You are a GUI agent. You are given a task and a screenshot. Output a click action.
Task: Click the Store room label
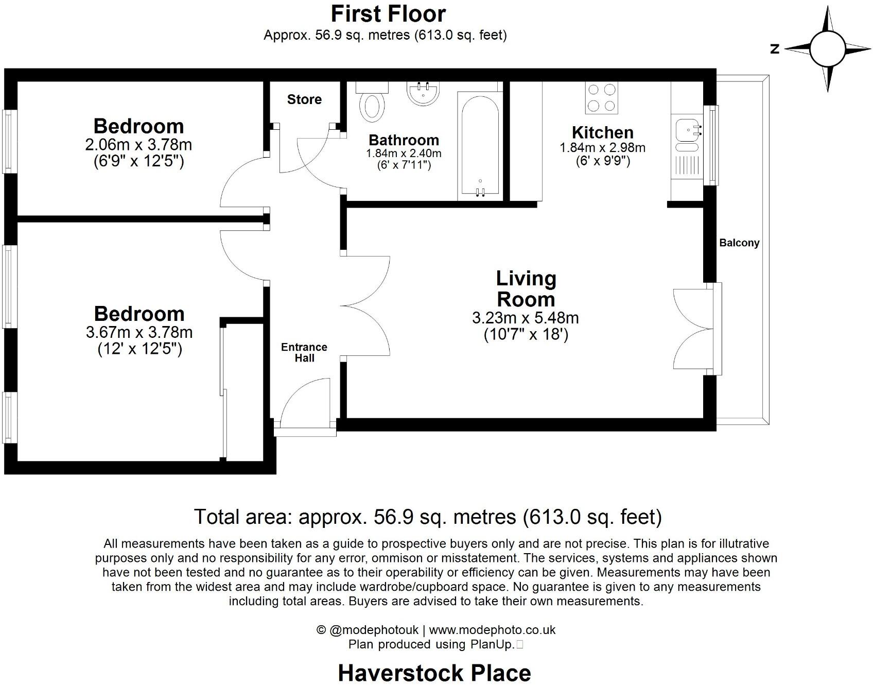pos(304,99)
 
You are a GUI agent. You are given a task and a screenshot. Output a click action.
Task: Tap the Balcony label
pos(739,243)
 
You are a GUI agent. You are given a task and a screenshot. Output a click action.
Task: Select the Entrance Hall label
pos(304,353)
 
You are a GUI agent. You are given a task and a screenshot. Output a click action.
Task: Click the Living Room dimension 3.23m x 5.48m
pos(525,318)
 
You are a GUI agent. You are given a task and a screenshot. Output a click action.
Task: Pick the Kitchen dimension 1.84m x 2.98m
pos(602,148)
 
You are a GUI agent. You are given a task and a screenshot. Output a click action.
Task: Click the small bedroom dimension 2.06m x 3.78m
pos(138,145)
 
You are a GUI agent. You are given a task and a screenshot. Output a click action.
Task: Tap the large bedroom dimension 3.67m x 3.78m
pos(139,332)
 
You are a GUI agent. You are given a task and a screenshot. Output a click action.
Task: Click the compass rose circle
pos(828,49)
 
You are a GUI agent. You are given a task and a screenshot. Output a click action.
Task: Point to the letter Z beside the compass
pos(775,49)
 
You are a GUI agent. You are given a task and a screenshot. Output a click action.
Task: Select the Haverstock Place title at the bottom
pos(434,673)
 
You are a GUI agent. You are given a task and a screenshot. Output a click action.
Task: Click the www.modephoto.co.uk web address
pos(492,630)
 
